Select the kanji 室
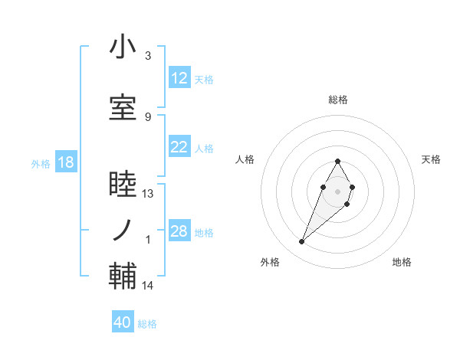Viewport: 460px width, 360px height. coord(123,108)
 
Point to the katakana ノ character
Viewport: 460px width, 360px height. coord(123,228)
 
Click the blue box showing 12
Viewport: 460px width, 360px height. coord(179,79)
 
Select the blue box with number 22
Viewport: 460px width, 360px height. coord(179,148)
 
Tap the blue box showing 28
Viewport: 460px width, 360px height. coord(179,231)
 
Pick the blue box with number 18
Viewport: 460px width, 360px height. coord(65,162)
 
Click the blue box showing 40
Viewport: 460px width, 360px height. coord(123,322)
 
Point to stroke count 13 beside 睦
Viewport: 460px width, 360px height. coord(148,194)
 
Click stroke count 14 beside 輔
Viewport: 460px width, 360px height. coord(148,286)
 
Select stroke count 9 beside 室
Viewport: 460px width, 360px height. coord(148,116)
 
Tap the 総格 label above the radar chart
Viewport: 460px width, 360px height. coord(337,100)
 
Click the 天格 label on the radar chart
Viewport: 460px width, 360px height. coord(431,159)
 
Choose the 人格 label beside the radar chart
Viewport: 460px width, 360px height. coord(245,159)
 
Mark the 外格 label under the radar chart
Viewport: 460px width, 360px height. coord(270,262)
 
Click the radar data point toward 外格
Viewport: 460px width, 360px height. coord(301,242)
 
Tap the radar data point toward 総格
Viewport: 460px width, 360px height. coord(337,161)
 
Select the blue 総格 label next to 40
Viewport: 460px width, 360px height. coord(147,324)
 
